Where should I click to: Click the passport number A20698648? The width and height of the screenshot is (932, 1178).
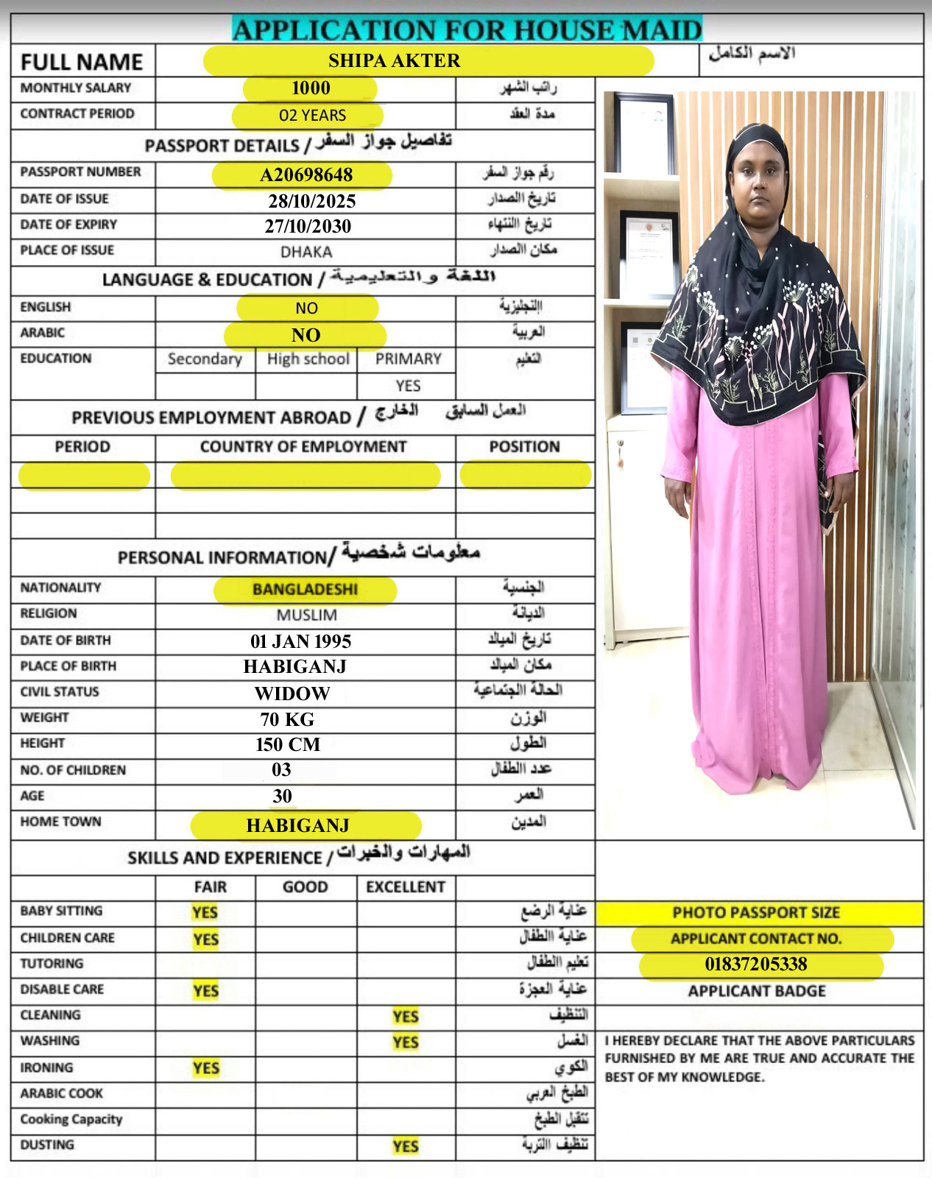(306, 175)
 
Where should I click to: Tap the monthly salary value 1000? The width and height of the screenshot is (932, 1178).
(311, 88)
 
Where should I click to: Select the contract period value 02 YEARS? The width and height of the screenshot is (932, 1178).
(312, 116)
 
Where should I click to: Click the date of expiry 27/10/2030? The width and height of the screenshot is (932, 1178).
(308, 227)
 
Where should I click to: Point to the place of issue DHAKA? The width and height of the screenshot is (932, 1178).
(306, 252)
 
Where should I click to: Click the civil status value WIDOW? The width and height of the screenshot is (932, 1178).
(292, 694)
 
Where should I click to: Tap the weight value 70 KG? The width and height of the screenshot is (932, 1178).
(287, 719)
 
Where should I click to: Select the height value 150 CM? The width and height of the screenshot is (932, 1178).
(288, 745)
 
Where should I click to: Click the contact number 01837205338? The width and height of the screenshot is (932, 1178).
(756, 964)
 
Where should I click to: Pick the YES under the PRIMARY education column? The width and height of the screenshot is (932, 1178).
(408, 386)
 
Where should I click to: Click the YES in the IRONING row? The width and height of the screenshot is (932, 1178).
(206, 1068)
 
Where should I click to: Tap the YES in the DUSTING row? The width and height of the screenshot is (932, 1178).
(406, 1146)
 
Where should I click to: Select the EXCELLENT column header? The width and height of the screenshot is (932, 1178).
(406, 887)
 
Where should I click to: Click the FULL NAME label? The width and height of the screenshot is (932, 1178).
(82, 62)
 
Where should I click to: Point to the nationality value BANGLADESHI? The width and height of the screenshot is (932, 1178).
(305, 590)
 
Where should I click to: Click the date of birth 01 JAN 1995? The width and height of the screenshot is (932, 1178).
(300, 641)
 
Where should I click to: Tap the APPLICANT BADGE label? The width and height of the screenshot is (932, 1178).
(757, 992)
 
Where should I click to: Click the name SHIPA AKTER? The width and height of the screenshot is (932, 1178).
(394, 61)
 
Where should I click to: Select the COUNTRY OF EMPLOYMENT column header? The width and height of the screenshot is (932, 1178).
(303, 447)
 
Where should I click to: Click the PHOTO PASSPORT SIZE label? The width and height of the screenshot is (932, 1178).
(756, 913)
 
